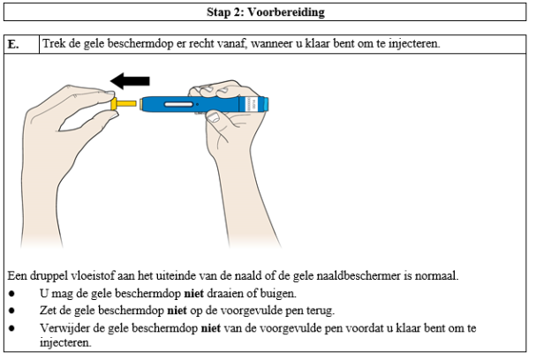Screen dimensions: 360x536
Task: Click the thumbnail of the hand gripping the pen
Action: tap(215, 116)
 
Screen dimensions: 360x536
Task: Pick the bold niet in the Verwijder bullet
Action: tap(208, 327)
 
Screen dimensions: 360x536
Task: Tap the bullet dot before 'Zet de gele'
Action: tap(11, 311)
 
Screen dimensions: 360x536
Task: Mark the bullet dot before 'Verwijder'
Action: tap(11, 327)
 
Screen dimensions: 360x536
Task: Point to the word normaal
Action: tap(436, 277)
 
